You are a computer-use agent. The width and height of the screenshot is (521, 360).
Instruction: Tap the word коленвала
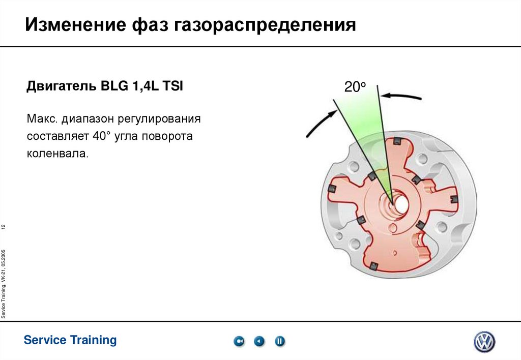pos(57,154)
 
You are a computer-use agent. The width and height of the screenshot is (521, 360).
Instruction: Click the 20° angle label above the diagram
pos(355,87)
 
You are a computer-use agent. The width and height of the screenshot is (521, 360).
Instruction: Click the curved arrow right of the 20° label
pos(402,95)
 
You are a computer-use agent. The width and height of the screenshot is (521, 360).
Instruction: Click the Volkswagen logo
pos(484,342)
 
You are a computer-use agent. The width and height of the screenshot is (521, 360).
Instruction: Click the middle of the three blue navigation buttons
pos(259,341)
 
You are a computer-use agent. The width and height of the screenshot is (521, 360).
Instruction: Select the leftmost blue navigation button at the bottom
pos(239,341)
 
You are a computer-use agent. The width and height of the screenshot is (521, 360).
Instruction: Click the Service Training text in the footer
pos(70,340)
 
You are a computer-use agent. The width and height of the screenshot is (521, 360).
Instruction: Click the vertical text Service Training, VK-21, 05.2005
pos(4,284)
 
